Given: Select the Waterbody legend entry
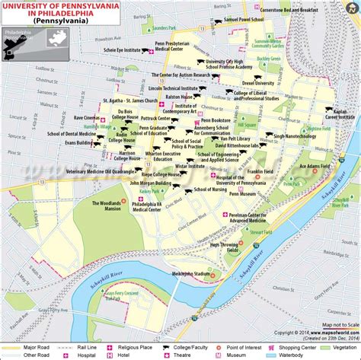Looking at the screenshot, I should coord(334,354).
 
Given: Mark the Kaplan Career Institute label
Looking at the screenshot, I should coord(340,114).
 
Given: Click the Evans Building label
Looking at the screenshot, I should coord(78,142).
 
